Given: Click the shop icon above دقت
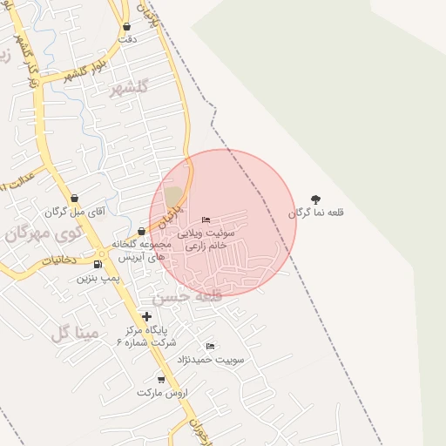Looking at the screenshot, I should point(127,27).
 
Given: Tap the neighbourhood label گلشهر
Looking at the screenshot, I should point(130,87).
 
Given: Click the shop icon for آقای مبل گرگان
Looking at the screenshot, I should point(74,199).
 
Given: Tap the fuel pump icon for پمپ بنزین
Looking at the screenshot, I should point(98,264).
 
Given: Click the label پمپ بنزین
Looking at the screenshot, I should point(98,278).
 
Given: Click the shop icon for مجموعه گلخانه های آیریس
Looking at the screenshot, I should point(141,232).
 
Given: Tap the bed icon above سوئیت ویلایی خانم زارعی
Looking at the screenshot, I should point(206,220).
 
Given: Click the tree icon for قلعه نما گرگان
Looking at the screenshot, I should point(315,199).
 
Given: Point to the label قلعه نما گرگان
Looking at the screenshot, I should point(316,213).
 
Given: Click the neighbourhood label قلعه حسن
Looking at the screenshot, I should point(187,296).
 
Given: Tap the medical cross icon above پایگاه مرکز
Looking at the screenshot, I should point(146,316).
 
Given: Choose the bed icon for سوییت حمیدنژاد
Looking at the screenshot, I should point(210,346).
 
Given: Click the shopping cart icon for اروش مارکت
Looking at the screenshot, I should point(161,379).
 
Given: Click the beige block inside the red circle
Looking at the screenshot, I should point(174,197).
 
